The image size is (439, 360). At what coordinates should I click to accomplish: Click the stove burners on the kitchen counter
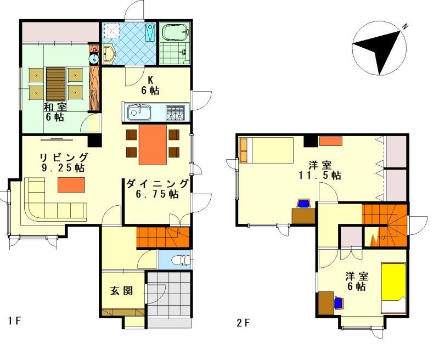coord(175,113)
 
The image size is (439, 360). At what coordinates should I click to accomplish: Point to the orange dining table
coord(153,145)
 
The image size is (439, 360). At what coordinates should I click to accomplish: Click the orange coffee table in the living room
coord(71,185)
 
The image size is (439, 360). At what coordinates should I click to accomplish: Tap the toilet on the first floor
coord(181,260)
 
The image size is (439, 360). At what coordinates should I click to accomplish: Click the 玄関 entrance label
coord(121,291)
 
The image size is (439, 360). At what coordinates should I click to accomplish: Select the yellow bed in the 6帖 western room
coord(393,288)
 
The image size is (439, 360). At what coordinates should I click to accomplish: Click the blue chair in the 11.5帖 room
coord(303,203)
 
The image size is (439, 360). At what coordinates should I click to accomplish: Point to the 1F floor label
coord(15,320)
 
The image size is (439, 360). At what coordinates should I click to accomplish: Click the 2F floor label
coord(243,323)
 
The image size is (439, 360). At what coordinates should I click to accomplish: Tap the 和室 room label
coord(55,107)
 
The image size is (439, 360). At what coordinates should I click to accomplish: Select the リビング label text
coord(64,157)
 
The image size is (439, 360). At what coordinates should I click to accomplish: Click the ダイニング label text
coord(157,184)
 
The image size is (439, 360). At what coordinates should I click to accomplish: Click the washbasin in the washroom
coord(109,54)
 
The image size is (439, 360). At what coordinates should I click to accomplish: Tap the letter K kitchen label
coord(150,80)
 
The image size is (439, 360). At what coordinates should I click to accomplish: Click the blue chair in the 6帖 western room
coord(339,303)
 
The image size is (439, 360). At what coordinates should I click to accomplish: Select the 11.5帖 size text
coord(320,176)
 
